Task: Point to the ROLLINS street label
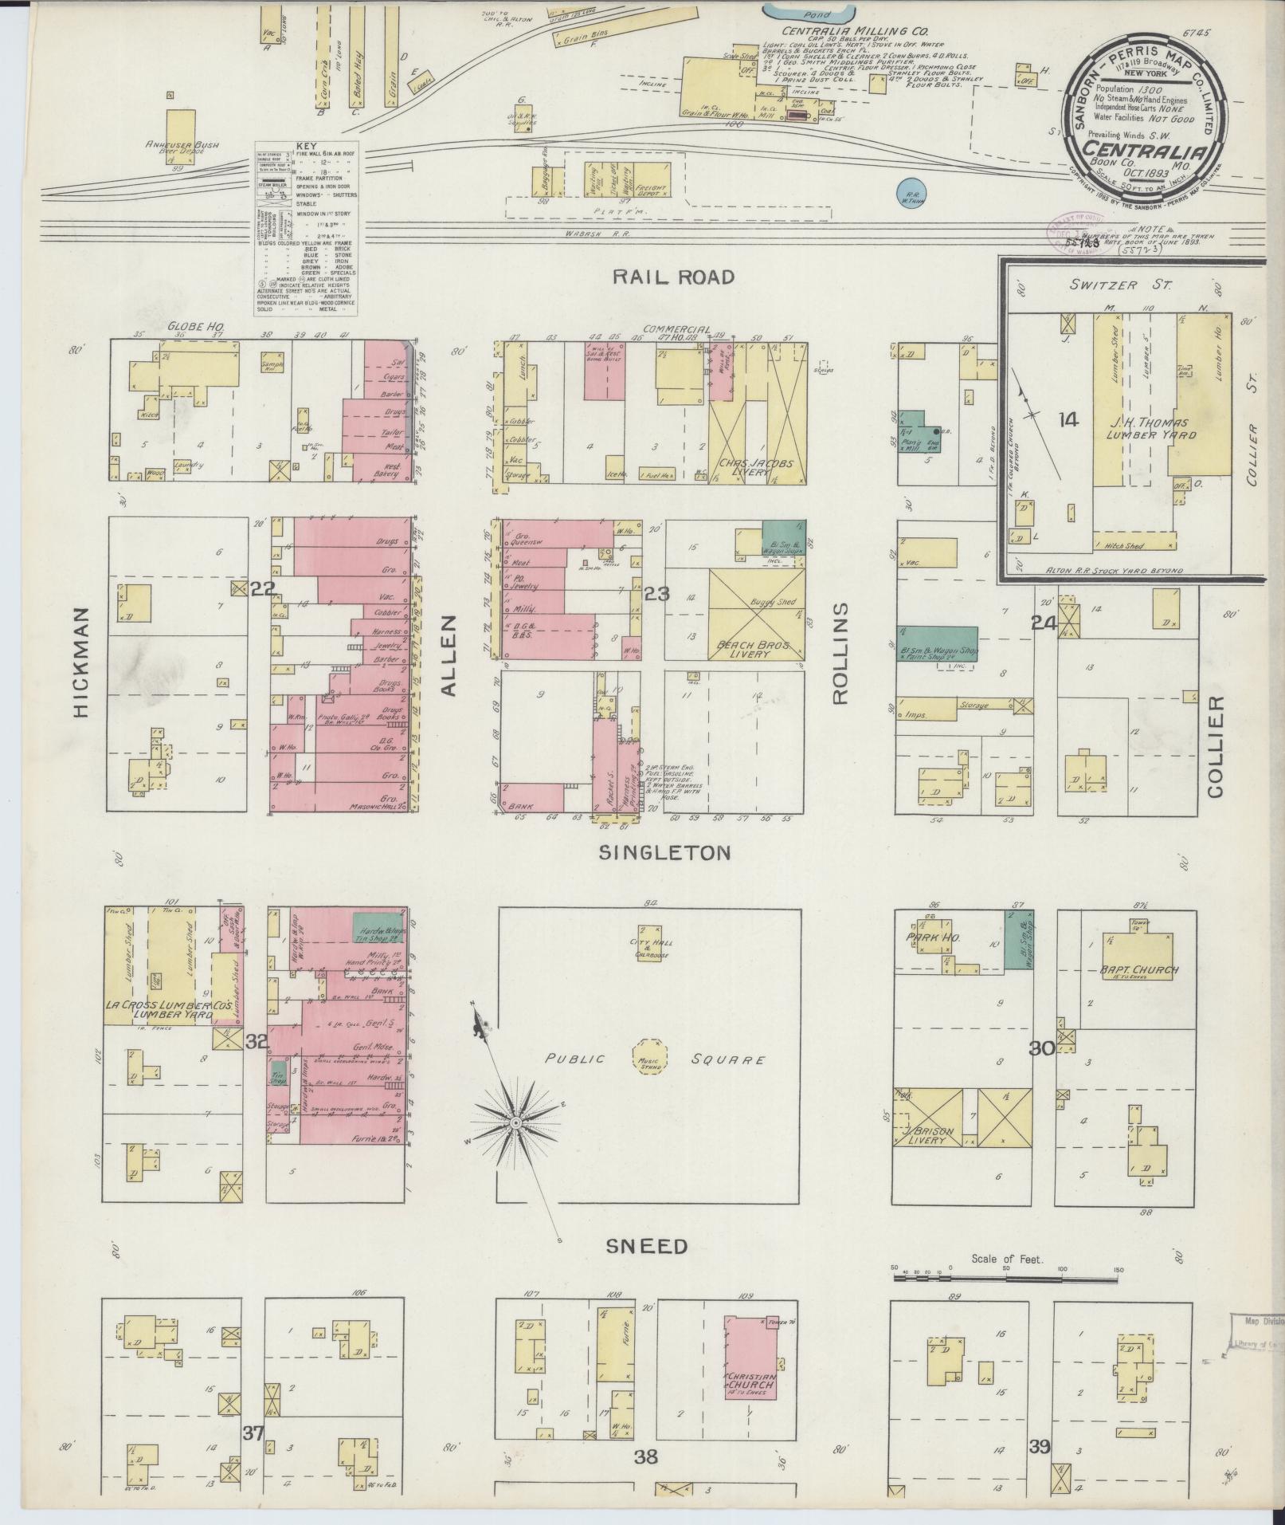click(x=840, y=652)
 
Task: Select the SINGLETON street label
click(x=664, y=853)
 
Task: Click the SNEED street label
click(x=647, y=1245)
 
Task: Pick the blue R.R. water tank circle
click(x=911, y=191)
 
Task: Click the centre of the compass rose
click(x=515, y=1122)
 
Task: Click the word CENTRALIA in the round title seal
click(x=1142, y=152)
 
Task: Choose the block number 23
click(x=658, y=594)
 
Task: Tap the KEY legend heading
click(x=305, y=147)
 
